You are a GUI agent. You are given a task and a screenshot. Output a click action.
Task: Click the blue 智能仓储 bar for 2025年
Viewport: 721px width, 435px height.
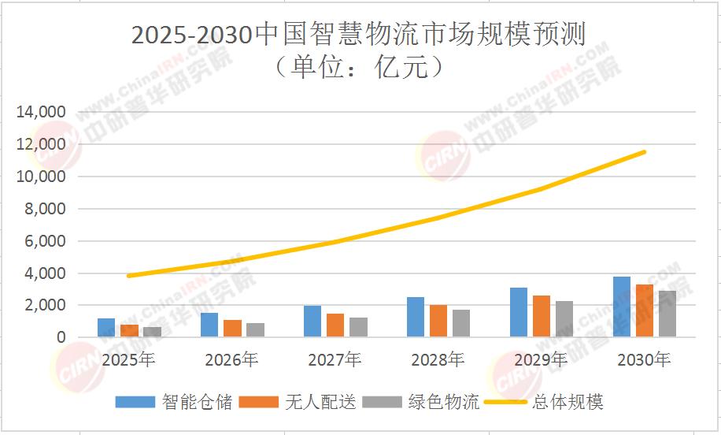[x=106, y=328]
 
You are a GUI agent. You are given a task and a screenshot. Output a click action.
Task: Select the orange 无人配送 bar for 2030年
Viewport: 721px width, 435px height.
[x=644, y=311]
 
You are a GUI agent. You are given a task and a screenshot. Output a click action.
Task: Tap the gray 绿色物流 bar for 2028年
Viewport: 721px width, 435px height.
[x=461, y=323]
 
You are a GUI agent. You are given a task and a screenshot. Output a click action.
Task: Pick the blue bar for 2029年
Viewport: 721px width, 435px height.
[x=518, y=313]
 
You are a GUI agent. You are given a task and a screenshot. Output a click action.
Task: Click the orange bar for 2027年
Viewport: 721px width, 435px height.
[x=335, y=325]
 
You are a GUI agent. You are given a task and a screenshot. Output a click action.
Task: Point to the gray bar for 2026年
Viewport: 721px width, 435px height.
[x=255, y=330]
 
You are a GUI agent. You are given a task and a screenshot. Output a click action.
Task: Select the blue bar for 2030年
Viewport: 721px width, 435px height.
[x=622, y=307]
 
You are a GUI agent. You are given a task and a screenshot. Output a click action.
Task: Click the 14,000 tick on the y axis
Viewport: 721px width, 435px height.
[x=41, y=113]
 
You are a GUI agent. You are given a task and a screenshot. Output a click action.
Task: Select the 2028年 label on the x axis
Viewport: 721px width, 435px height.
[x=438, y=361]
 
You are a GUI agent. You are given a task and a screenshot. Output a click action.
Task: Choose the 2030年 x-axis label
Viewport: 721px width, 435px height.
[x=644, y=361]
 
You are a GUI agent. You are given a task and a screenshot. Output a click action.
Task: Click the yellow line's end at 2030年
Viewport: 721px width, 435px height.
[x=645, y=151]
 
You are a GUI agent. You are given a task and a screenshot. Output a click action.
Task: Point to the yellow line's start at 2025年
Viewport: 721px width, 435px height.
[x=128, y=276]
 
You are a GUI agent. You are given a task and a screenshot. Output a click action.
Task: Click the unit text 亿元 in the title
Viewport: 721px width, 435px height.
[x=405, y=68]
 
